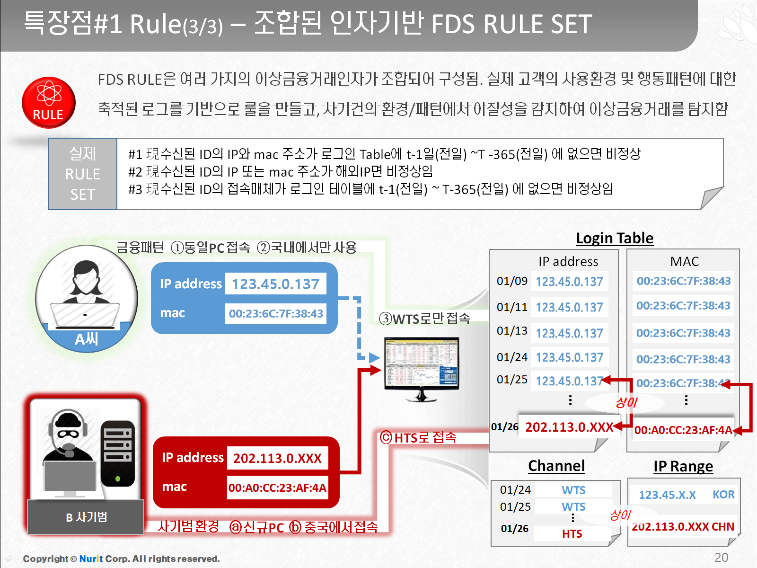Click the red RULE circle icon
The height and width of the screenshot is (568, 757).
point(49,102)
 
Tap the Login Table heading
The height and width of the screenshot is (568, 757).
point(614,238)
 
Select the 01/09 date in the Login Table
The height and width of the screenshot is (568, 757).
point(512,281)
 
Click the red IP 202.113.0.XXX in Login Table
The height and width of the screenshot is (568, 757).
point(569,427)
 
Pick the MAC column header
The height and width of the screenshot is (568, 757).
point(684,261)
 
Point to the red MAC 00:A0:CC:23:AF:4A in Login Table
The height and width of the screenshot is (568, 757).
point(683,430)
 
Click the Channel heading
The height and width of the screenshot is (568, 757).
point(556,466)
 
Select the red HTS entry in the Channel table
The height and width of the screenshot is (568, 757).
point(572,534)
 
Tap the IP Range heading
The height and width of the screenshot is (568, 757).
point(683,467)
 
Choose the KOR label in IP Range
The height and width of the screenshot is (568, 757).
point(723,495)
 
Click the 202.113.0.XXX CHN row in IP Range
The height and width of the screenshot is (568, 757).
point(683,527)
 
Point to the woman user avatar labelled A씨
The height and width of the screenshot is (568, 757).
point(86,298)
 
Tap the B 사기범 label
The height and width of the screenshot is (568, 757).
point(86,517)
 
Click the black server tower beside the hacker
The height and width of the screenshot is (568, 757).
point(118,453)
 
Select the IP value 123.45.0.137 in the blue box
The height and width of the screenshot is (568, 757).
point(275,284)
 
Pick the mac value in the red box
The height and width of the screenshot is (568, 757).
point(277,488)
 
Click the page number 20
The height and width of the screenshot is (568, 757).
point(721,557)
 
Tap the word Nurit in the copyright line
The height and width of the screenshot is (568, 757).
point(91,559)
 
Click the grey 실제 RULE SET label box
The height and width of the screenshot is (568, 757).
point(83,174)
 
